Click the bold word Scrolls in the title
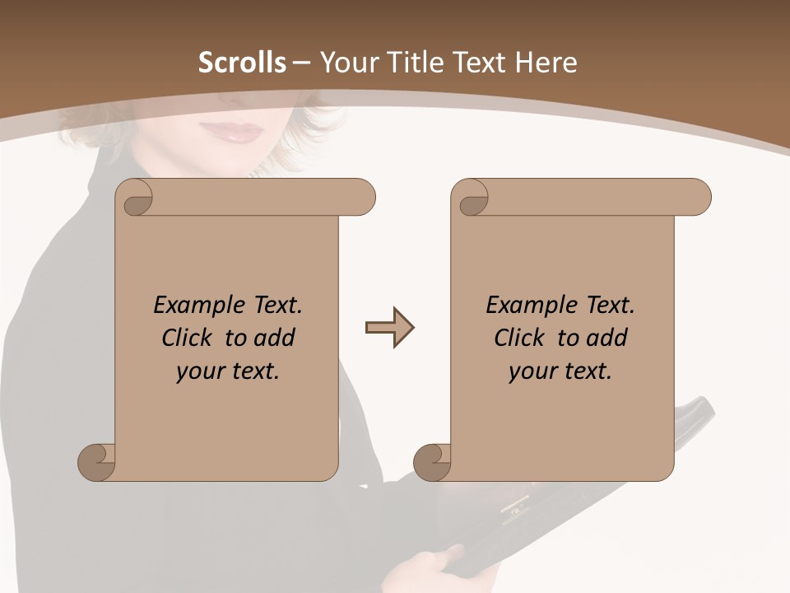[x=242, y=63]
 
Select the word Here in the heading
[x=546, y=63]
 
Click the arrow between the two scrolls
[x=389, y=328]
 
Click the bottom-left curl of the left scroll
[x=97, y=462]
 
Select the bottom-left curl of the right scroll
[x=433, y=462]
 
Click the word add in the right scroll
[x=607, y=338]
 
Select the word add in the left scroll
[x=275, y=338]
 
